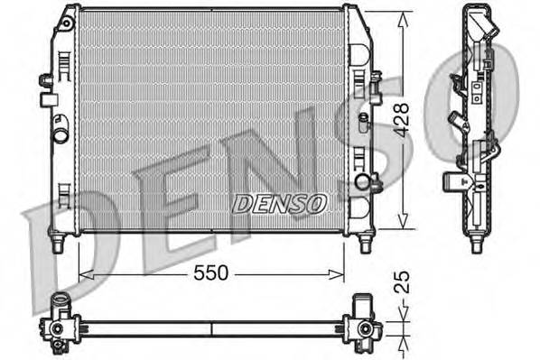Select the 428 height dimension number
401,119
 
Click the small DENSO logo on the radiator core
279,204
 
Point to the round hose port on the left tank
61,136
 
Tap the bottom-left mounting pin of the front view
59,242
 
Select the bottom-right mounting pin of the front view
365,242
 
